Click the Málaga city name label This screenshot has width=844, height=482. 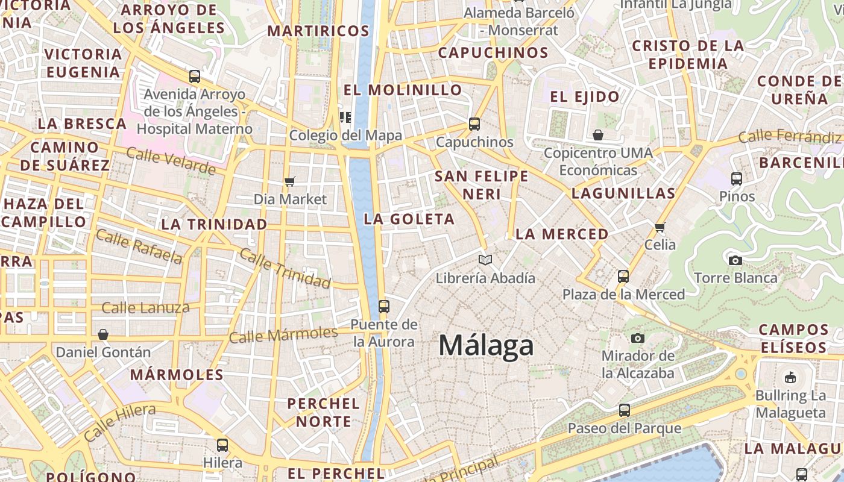click(486, 346)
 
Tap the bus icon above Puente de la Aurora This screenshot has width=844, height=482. click(384, 306)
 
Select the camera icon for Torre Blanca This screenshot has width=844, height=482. click(735, 260)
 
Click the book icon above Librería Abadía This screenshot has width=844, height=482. click(485, 260)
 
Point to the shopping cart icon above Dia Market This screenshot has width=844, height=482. click(290, 181)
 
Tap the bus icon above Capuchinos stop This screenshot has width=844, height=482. click(474, 124)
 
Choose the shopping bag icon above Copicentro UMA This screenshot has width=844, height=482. click(598, 134)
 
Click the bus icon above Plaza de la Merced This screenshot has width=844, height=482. click(623, 277)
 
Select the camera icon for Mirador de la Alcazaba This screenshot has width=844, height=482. click(638, 338)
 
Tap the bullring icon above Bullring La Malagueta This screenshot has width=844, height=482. click(790, 378)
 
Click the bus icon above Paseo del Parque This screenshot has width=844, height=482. click(625, 410)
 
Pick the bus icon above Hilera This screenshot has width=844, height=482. click(222, 445)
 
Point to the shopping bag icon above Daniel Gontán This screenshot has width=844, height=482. click(103, 334)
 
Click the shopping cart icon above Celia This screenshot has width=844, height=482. click(660, 227)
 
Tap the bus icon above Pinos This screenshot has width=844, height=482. click(737, 178)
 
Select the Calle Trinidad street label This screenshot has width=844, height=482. click(285, 268)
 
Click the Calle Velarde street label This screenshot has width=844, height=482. click(171, 161)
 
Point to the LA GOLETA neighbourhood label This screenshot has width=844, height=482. click(409, 219)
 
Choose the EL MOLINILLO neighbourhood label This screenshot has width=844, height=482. click(403, 90)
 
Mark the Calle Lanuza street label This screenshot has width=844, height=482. click(145, 308)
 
